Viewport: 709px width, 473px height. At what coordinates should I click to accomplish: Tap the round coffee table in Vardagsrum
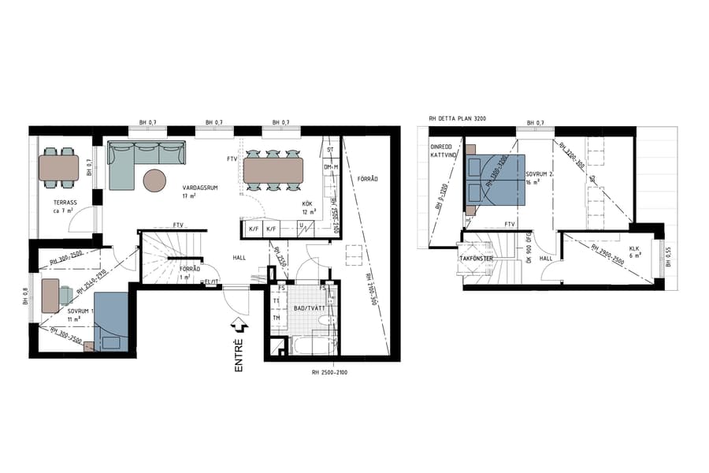[x=155, y=181]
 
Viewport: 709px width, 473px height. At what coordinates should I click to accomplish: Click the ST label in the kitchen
[x=331, y=150]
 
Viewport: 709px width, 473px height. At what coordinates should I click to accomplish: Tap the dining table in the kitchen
[x=273, y=169]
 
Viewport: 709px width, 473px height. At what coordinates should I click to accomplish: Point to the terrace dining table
[x=59, y=166]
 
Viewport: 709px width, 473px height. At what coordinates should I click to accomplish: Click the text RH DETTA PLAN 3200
[x=458, y=118]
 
